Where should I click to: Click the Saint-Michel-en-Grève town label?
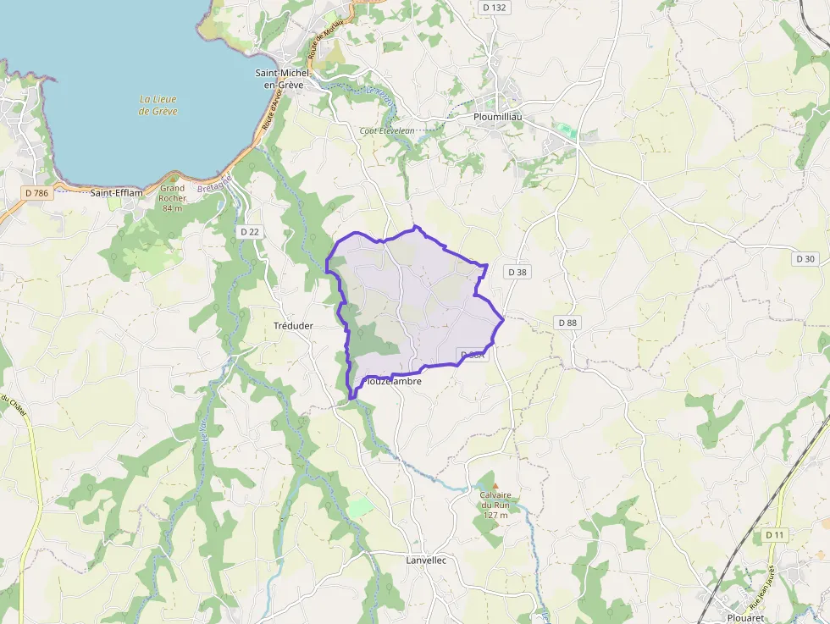coord(284,79)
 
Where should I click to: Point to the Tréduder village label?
coord(294,326)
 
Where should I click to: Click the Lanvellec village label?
coord(426,560)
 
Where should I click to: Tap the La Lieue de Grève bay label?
coord(158,105)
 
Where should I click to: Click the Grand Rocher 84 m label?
coord(172,198)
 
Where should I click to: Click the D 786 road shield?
coord(37,193)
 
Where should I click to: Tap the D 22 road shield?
coord(250,231)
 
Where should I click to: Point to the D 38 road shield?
coord(517,272)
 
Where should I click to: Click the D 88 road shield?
coord(567,323)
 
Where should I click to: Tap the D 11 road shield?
coord(775,535)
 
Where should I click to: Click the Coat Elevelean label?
coord(386,130)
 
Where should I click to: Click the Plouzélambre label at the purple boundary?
coord(394,382)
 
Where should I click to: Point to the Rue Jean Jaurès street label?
coord(771,583)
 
